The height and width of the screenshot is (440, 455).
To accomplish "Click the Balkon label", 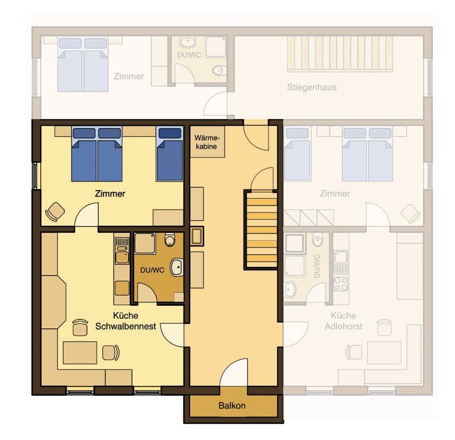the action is point(232,405).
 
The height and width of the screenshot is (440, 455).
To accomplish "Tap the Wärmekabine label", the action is point(206,142).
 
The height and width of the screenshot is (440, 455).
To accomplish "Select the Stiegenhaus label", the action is point(312,87).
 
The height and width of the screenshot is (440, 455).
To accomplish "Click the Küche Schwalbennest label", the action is point(126,321).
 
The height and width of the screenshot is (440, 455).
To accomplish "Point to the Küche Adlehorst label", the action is point(344,321).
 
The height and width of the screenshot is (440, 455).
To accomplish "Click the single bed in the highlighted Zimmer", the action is point(169,154).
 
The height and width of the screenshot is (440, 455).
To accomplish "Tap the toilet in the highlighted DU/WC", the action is point(169,239).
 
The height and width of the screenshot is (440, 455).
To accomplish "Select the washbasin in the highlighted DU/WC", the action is point(177,267).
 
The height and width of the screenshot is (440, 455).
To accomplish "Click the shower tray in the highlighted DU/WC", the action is point(145,243).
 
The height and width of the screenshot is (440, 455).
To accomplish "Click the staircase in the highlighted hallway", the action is point(262,230).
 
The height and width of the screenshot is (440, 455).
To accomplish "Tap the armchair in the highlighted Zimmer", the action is point(55,211).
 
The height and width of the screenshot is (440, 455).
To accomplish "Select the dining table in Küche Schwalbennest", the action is point(80,352).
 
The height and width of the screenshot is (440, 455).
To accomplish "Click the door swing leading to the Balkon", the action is point(234,373).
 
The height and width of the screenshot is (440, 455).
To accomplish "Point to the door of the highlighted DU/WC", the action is point(147,293).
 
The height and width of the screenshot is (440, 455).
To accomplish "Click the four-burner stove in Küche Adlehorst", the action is point(341,283).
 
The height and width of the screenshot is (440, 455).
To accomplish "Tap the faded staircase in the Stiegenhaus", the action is point(340,54).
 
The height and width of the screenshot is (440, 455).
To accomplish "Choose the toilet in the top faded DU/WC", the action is point(220,70).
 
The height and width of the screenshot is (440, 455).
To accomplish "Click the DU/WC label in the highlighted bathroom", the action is point(152,270).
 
